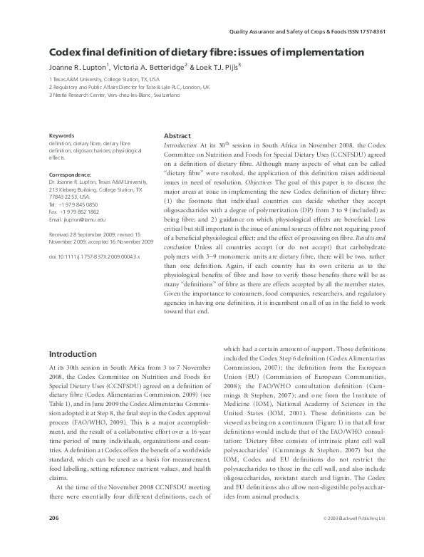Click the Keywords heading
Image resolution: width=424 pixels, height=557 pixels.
(x=62, y=135)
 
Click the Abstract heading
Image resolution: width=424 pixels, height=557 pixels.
(x=177, y=135)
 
